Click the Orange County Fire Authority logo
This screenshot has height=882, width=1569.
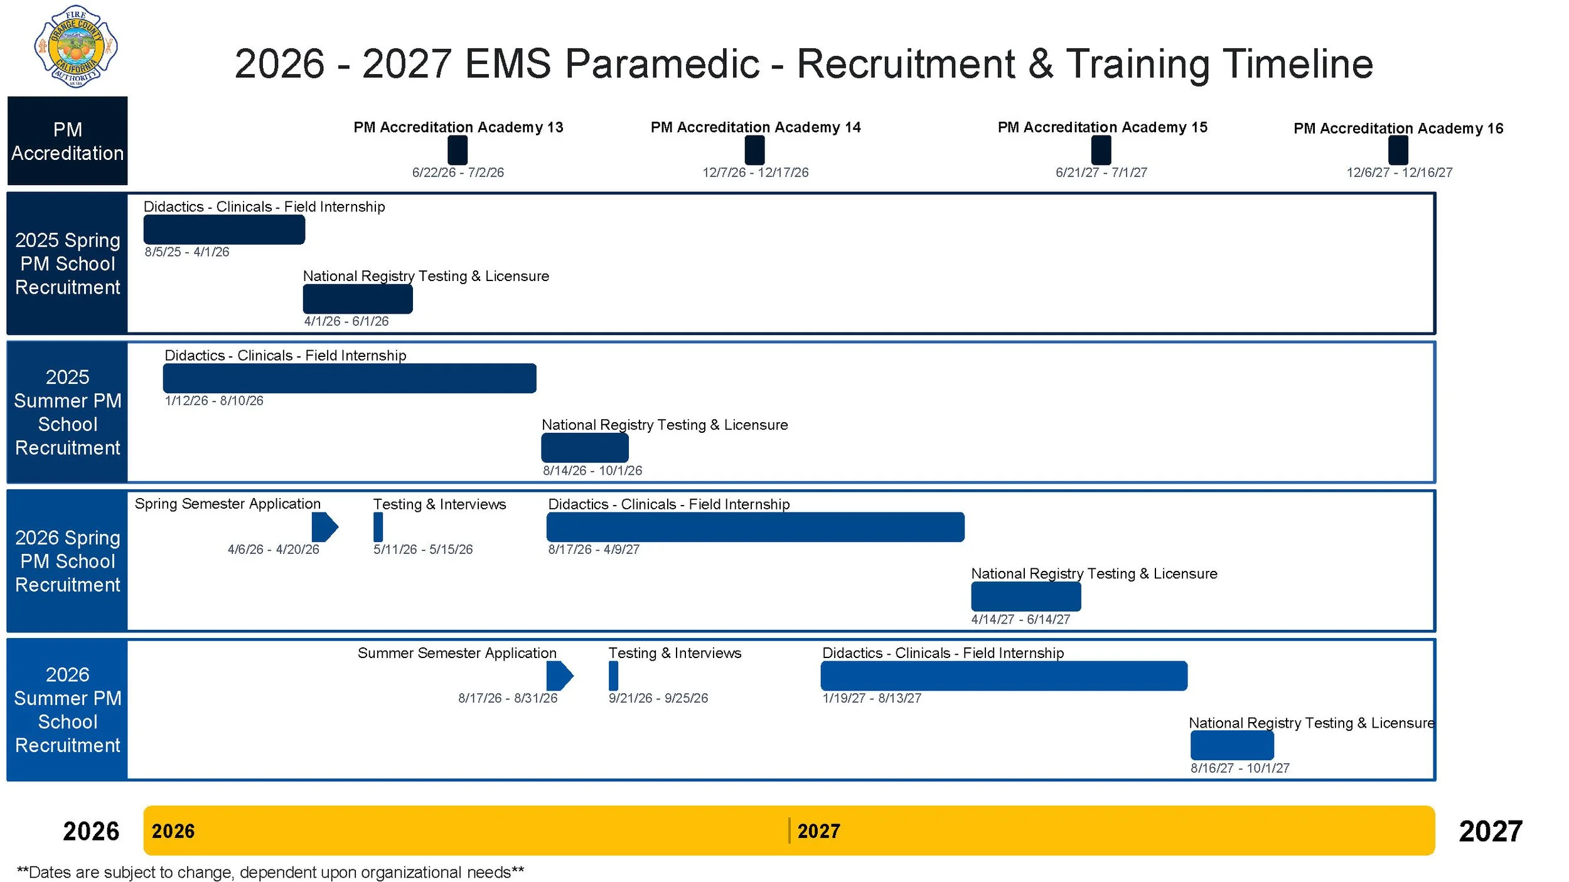click(x=75, y=47)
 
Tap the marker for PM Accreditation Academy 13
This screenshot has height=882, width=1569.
click(x=458, y=151)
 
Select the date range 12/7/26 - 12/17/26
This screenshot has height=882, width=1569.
click(x=755, y=173)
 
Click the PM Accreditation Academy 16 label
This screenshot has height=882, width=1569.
click(x=1398, y=129)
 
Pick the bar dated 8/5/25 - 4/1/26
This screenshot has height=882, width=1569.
click(x=224, y=230)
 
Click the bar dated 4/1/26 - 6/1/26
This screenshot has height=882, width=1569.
click(x=358, y=299)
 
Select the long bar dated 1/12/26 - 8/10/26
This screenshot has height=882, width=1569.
click(x=350, y=378)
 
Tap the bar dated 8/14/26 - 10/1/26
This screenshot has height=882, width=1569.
click(x=585, y=448)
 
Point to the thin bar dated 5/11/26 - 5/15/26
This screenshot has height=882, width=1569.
click(x=378, y=527)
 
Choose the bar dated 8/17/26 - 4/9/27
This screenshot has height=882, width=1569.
click(x=755, y=527)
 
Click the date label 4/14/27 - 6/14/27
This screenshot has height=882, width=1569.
click(x=1020, y=620)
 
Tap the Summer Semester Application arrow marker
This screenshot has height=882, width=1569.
click(x=559, y=676)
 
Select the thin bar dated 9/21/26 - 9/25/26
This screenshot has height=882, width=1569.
click(x=613, y=676)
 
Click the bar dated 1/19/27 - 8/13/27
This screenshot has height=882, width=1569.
click(x=1004, y=676)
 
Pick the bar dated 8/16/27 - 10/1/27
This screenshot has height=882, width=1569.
click(x=1232, y=746)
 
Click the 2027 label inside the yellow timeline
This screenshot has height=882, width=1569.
click(x=818, y=831)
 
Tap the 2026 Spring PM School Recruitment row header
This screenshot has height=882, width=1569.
click(x=67, y=561)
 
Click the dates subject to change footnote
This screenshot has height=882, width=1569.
click(x=270, y=873)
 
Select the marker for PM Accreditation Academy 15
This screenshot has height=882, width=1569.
click(x=1101, y=151)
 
